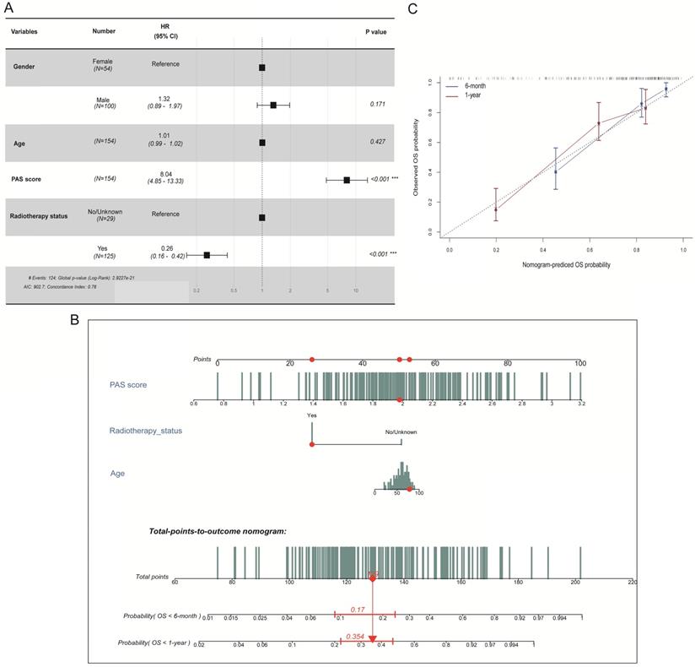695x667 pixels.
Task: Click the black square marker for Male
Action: (273, 106)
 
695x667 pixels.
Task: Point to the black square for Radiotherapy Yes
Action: (207, 254)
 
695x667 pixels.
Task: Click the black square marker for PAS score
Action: (347, 180)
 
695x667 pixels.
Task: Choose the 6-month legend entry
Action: (477, 86)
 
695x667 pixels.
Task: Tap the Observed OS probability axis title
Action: (416, 156)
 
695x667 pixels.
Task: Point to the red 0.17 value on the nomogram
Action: (357, 609)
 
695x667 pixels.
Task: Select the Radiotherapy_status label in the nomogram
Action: (146, 431)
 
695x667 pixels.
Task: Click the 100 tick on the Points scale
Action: (580, 363)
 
